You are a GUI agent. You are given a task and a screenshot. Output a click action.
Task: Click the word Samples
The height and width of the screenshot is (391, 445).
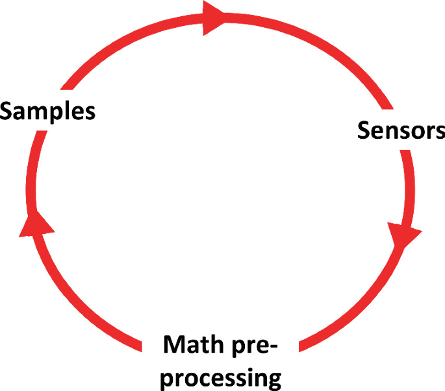tap(48, 111)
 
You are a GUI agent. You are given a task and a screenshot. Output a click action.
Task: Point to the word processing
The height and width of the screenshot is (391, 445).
tap(222, 377)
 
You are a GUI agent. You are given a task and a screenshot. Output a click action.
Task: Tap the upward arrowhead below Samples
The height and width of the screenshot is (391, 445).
tap(36, 224)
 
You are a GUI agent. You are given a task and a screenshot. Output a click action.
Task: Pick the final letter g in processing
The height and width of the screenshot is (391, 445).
tap(274, 379)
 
